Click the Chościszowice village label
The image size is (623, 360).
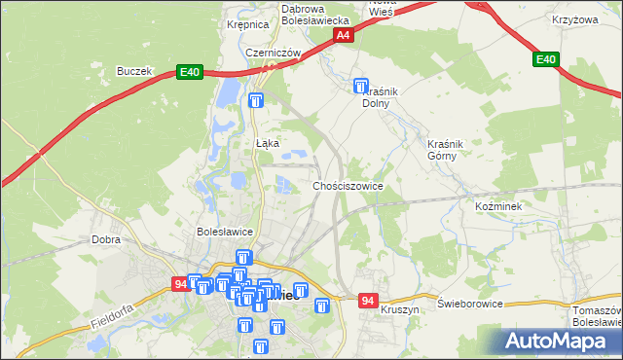click(348, 185)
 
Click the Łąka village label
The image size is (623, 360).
click(268, 143)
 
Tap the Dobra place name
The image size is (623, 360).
click(105, 238)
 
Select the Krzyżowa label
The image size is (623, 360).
click(573, 19)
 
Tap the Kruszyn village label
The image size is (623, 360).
click(400, 309)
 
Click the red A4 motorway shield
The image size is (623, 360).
click(343, 36)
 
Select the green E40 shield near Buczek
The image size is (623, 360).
click(190, 72)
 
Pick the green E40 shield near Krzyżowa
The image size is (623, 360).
click(546, 60)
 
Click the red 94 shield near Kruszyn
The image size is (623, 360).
click(367, 300)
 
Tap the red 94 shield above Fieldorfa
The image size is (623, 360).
click(180, 284)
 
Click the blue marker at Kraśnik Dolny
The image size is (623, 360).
click(362, 87)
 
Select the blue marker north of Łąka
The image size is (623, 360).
click(256, 101)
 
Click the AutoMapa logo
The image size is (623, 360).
click(562, 341)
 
